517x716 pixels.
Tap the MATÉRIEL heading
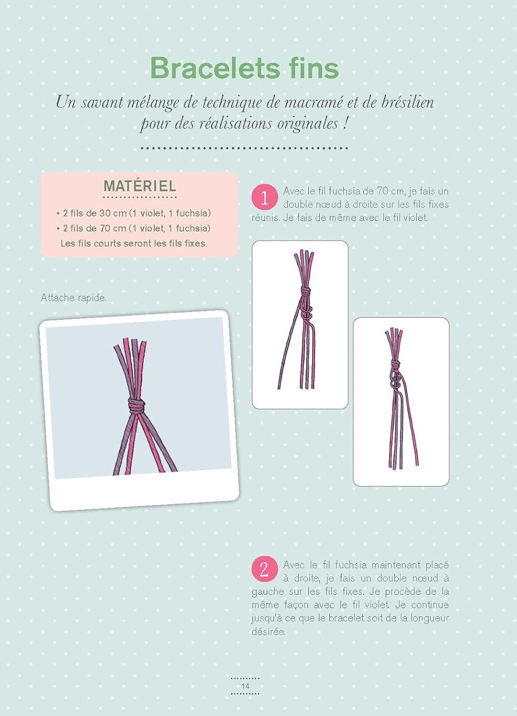140,186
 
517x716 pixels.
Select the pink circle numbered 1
264,198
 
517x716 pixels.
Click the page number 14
245,686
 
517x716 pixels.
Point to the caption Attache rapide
74,298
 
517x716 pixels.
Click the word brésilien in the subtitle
408,103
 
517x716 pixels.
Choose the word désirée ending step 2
268,632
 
